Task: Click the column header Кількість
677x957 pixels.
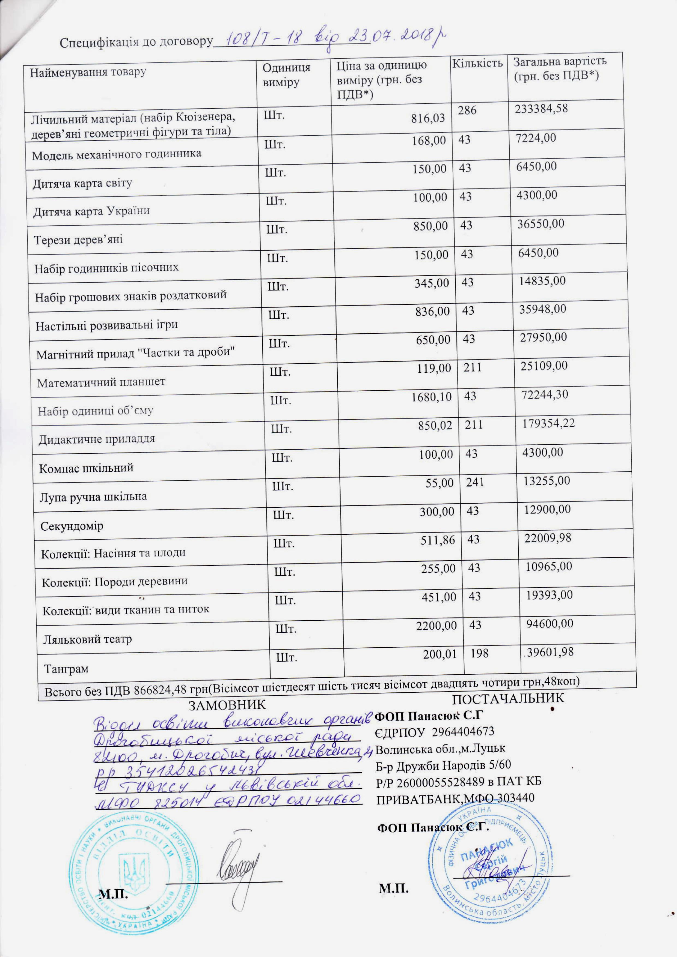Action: pos(478,63)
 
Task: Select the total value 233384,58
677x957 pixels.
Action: pos(541,109)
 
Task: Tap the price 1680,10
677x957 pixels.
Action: pos(431,397)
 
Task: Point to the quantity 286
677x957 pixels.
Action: pos(467,110)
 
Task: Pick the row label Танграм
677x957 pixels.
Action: pos(66,669)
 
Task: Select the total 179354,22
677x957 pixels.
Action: pos(548,423)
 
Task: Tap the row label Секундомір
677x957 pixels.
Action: pos(72,526)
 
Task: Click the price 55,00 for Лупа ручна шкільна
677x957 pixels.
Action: pos(442,483)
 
